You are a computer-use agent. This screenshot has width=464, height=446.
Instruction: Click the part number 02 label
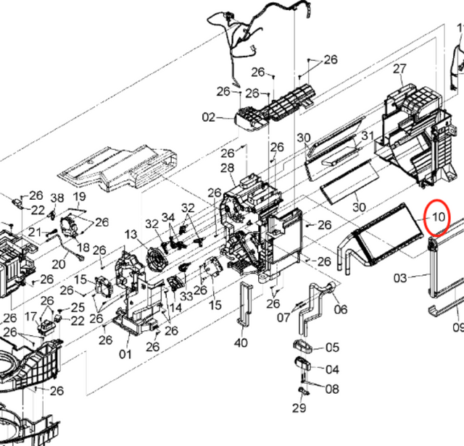209,117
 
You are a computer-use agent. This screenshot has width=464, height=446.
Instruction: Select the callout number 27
399,69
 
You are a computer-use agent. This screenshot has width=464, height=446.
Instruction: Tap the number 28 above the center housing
227,168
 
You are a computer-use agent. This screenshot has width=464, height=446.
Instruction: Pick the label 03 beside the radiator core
400,278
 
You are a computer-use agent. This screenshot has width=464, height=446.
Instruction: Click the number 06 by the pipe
340,310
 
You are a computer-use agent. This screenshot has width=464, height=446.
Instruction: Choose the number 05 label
332,348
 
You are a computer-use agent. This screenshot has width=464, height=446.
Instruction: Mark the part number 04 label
332,369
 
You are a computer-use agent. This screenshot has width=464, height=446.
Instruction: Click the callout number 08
332,389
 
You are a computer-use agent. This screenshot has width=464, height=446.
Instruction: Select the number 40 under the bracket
241,342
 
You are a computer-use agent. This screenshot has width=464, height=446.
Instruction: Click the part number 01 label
125,354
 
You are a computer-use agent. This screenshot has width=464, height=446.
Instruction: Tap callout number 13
130,235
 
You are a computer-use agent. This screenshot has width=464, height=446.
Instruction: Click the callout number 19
79,197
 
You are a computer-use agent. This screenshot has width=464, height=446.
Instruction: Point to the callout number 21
35,233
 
